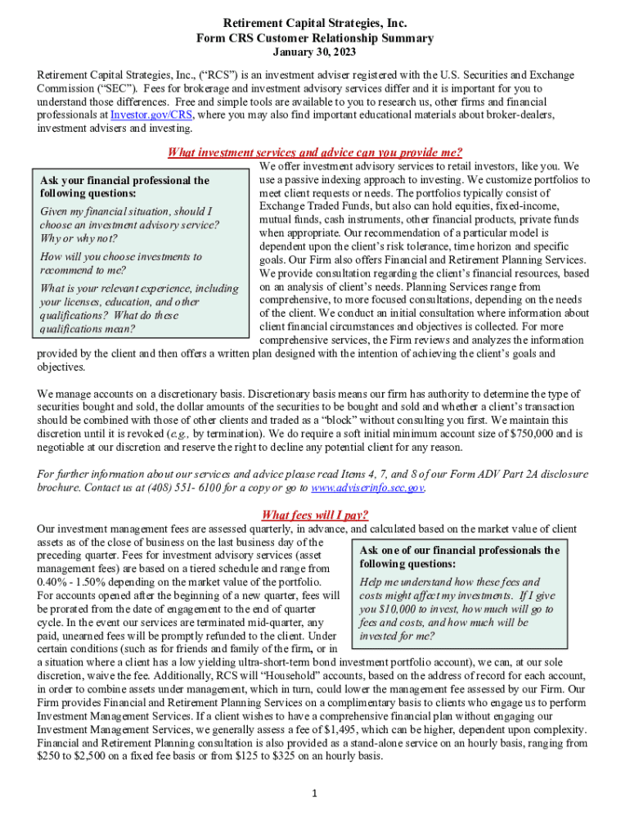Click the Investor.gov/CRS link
click(146, 115)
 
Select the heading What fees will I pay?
click(314, 515)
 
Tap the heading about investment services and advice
click(314, 151)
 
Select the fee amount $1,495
click(478, 729)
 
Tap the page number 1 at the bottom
click(315, 793)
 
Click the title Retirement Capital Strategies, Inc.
click(314, 24)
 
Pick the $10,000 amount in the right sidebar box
click(395, 609)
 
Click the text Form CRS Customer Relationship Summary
click(314, 38)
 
